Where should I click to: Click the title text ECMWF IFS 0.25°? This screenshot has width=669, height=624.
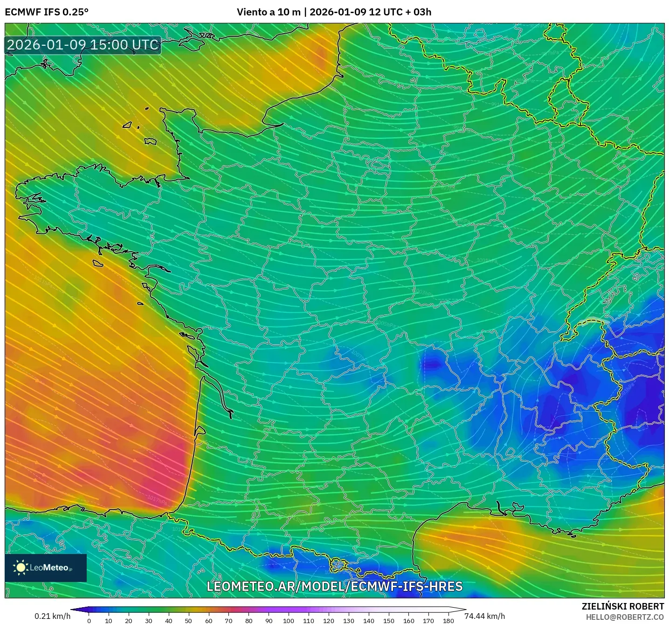pos(47,12)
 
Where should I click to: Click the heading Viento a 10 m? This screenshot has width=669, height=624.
pos(269,12)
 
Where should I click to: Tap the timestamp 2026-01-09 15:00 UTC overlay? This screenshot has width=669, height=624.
pos(83,45)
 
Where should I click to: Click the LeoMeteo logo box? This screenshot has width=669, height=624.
pos(46,568)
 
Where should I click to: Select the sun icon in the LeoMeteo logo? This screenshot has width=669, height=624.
pos(21,568)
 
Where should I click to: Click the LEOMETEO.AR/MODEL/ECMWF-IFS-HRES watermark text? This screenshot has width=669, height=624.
pos(334,587)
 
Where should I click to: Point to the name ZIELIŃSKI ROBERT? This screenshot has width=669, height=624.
pos(622,606)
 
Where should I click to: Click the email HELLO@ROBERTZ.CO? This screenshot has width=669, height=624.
pos(624,617)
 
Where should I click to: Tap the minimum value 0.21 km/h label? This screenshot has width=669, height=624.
pos(52,616)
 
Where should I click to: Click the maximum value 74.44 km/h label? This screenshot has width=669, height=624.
pos(484,616)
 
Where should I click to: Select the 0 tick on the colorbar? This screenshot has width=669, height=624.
pos(89,621)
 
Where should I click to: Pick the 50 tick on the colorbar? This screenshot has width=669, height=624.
pos(188,621)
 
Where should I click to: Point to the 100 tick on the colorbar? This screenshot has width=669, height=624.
pos(289,621)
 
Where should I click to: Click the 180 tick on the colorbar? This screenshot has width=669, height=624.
pos(448,621)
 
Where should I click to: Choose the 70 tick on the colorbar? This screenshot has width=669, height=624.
pos(228,621)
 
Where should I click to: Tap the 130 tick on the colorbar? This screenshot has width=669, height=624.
pos(348,621)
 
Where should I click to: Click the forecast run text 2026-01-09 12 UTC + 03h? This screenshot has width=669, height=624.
pos(370,12)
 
